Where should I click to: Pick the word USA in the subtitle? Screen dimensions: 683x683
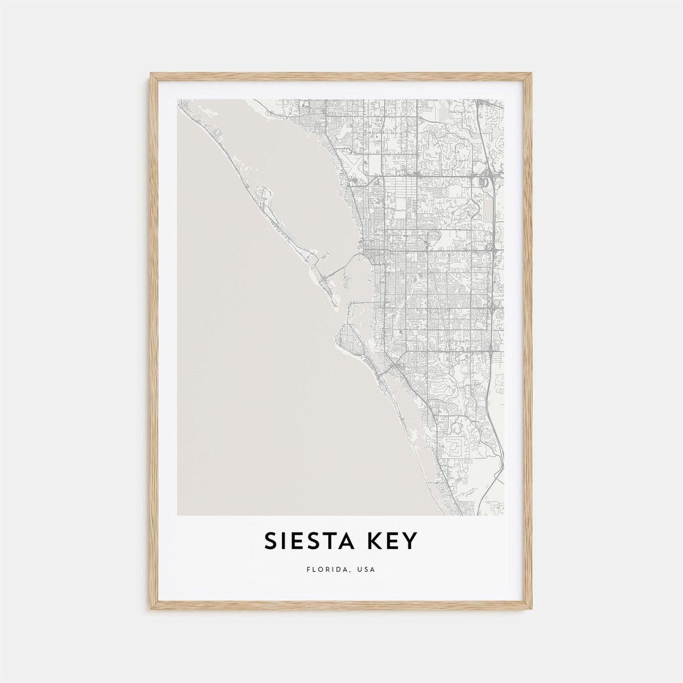click(366, 569)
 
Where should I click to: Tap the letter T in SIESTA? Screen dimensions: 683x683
click(324, 541)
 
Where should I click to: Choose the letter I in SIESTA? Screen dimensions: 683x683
click(282, 541)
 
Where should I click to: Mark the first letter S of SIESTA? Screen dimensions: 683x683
click(270, 541)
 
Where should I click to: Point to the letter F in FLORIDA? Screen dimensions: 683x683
click(308, 569)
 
